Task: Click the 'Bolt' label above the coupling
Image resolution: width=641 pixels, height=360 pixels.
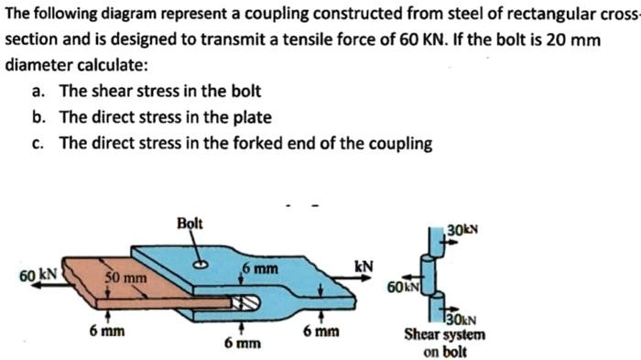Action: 191,224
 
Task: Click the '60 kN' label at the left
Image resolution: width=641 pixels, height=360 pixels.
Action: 38,274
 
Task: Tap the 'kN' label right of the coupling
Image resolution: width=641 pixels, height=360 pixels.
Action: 364,267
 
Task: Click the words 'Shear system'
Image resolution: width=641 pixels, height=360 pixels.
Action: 445,335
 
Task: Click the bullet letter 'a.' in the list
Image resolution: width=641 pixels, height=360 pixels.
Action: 38,91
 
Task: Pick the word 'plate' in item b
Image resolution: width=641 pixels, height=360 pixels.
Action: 254,117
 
